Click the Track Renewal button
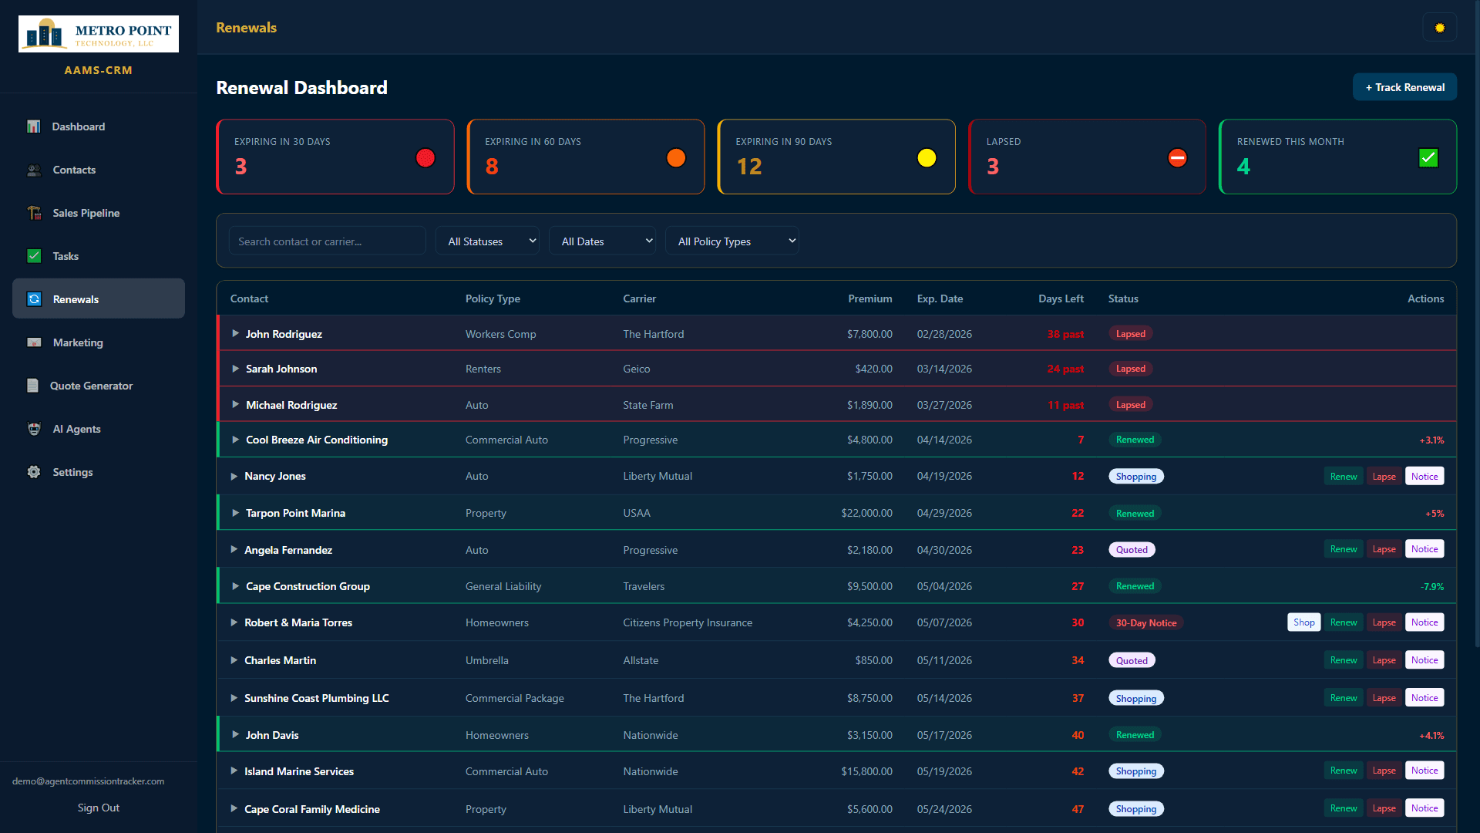(1404, 87)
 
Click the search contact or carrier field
(327, 241)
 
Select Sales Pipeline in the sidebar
(86, 213)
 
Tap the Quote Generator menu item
(91, 386)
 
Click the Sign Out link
(99, 808)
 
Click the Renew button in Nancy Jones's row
(1344, 477)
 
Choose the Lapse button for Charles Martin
(1384, 660)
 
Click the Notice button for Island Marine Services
(1424, 771)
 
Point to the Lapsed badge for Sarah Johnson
(1130, 369)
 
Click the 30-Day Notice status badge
(1146, 623)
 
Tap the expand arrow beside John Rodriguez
(235, 334)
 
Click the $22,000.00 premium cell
(866, 513)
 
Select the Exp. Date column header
(940, 298)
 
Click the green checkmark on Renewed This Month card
(1428, 158)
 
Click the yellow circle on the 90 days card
(927, 158)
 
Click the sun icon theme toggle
(1439, 28)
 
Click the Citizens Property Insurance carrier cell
(688, 622)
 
